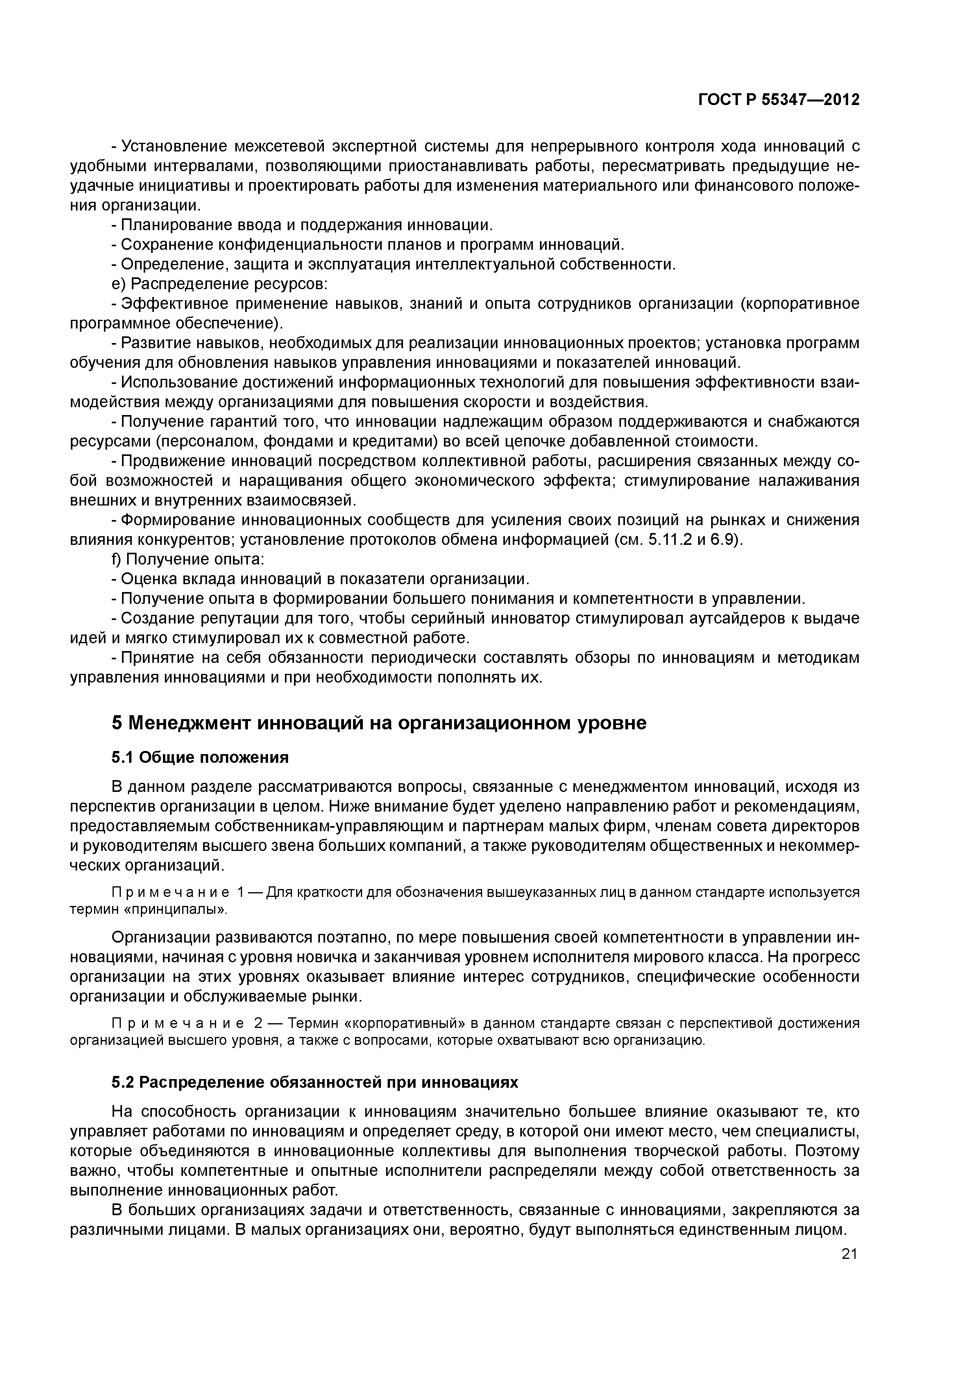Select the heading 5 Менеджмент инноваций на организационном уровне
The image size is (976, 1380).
pos(379,723)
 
